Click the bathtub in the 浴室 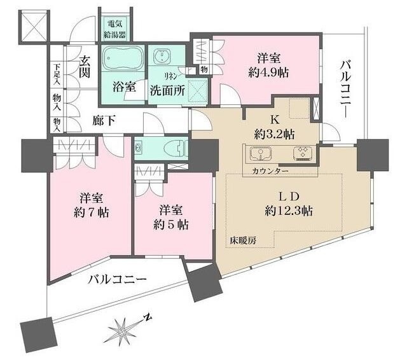[x=123, y=58]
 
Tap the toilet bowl [x=176, y=148]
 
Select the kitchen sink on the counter [x=261, y=153]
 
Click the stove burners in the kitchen [x=303, y=153]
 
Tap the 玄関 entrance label [x=85, y=67]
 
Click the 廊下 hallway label [x=104, y=121]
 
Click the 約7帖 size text [x=91, y=212]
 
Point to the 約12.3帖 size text [x=288, y=211]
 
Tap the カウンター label [x=270, y=171]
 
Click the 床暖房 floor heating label [x=243, y=240]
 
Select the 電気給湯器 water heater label [x=114, y=29]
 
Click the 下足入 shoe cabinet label [x=57, y=74]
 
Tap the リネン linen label [x=171, y=76]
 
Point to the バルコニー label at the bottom [x=117, y=280]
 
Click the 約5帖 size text [x=171, y=225]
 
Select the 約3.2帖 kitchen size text [x=274, y=134]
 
